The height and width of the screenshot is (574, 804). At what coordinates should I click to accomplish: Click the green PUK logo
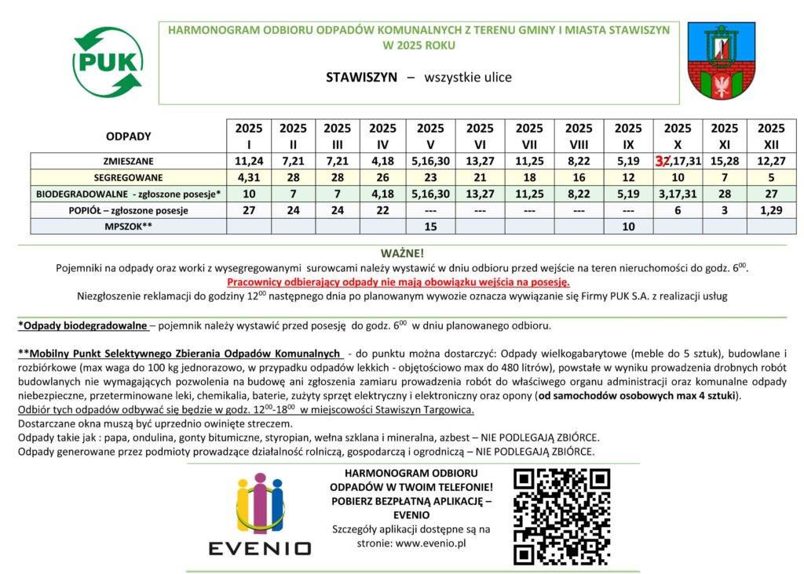click(108, 60)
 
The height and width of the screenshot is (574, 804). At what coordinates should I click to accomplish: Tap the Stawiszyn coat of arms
click(721, 60)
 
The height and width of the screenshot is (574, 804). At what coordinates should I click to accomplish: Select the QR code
click(561, 516)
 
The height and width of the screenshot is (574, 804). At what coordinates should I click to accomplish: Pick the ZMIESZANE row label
click(128, 161)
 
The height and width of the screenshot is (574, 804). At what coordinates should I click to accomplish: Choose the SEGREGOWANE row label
click(128, 177)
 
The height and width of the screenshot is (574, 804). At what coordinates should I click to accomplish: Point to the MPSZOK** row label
click(128, 227)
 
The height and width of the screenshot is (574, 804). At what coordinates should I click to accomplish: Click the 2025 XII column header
click(771, 136)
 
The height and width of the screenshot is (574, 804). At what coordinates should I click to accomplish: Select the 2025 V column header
click(429, 136)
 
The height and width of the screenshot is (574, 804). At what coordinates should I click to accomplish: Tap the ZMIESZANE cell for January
click(249, 161)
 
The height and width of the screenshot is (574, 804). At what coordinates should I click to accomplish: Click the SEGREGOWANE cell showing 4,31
click(249, 177)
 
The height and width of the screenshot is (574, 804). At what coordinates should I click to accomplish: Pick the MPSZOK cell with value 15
click(429, 227)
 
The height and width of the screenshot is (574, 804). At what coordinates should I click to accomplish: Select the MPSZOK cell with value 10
click(628, 227)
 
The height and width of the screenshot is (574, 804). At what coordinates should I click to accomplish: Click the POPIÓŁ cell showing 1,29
click(771, 210)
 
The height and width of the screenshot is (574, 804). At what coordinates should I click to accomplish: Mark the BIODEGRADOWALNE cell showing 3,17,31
click(678, 194)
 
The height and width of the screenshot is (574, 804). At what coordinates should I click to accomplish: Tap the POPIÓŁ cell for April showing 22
click(382, 210)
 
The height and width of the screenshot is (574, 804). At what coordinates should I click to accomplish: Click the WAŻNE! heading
click(402, 253)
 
